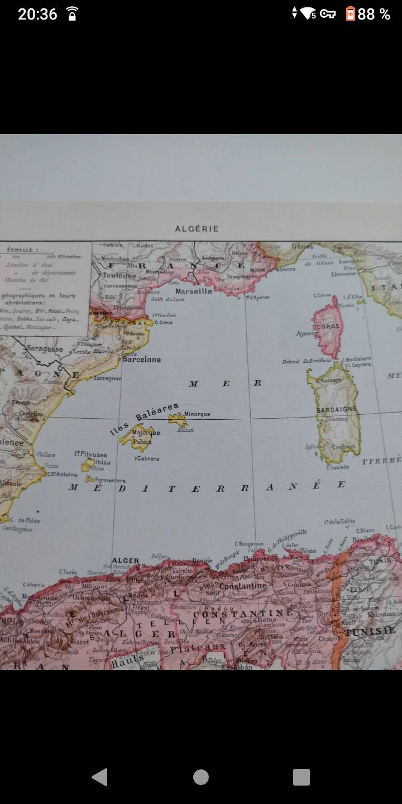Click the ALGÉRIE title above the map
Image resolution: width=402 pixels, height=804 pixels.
(x=197, y=229)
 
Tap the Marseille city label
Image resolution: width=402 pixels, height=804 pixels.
(x=194, y=291)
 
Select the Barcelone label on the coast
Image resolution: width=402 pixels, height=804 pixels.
(x=142, y=360)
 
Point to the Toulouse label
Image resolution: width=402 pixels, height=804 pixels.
(x=119, y=276)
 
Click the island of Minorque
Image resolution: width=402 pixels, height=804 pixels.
(x=178, y=419)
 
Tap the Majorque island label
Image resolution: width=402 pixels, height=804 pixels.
(x=146, y=433)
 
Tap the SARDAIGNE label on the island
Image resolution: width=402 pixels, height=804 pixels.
(x=336, y=409)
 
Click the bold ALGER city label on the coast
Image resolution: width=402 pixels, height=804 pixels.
(x=125, y=561)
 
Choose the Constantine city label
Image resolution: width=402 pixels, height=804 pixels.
(x=243, y=586)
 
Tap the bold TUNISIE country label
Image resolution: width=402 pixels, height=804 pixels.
(x=370, y=631)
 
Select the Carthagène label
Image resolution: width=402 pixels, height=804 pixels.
(x=17, y=529)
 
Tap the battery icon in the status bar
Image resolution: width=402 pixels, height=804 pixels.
(x=350, y=14)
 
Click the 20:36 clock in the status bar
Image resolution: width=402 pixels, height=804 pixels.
(x=37, y=14)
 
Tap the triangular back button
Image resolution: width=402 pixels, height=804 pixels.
(x=99, y=777)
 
